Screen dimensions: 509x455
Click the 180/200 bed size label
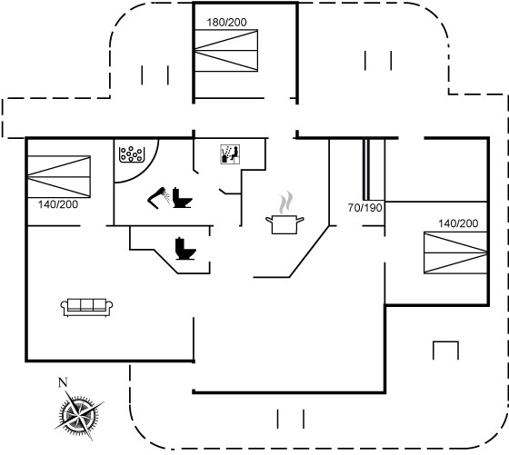(x=226, y=23)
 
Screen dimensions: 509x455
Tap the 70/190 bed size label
(x=364, y=208)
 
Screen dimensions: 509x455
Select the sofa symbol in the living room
(x=86, y=307)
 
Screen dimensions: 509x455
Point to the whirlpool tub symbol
(x=132, y=154)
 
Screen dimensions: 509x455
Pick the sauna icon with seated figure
(x=230, y=154)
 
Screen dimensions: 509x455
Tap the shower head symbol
(x=159, y=197)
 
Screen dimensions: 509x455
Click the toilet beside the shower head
(x=182, y=197)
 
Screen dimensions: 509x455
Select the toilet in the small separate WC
(x=185, y=249)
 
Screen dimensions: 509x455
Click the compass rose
(x=79, y=414)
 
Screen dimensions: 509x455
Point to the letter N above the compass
(x=63, y=382)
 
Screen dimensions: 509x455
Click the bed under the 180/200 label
(x=226, y=51)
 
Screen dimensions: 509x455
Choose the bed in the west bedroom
(x=59, y=177)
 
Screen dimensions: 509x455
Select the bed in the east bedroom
(x=455, y=252)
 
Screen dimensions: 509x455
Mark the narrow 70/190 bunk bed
(x=366, y=169)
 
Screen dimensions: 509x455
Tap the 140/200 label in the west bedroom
(x=58, y=204)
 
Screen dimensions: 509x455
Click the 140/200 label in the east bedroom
(x=458, y=223)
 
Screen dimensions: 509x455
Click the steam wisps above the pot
(x=285, y=203)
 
